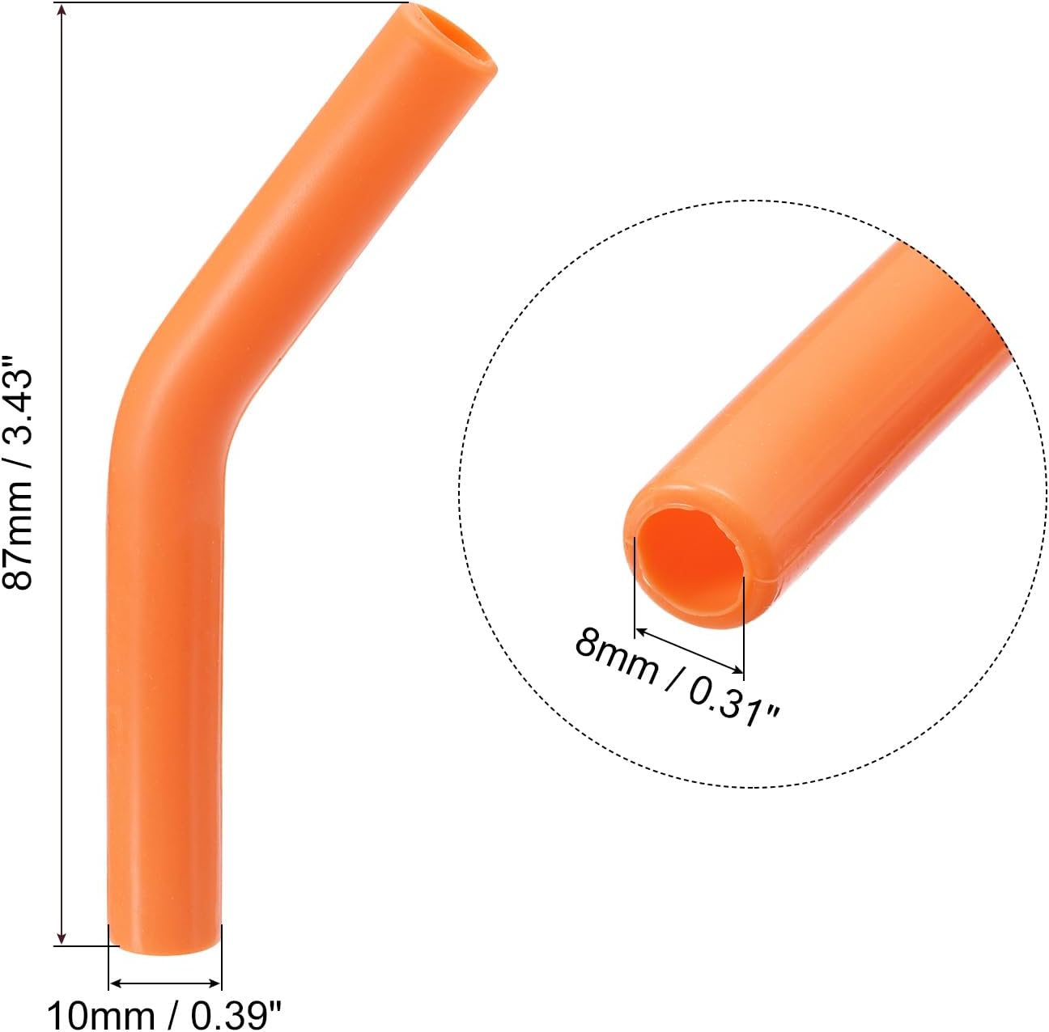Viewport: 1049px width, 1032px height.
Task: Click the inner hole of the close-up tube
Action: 688,566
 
